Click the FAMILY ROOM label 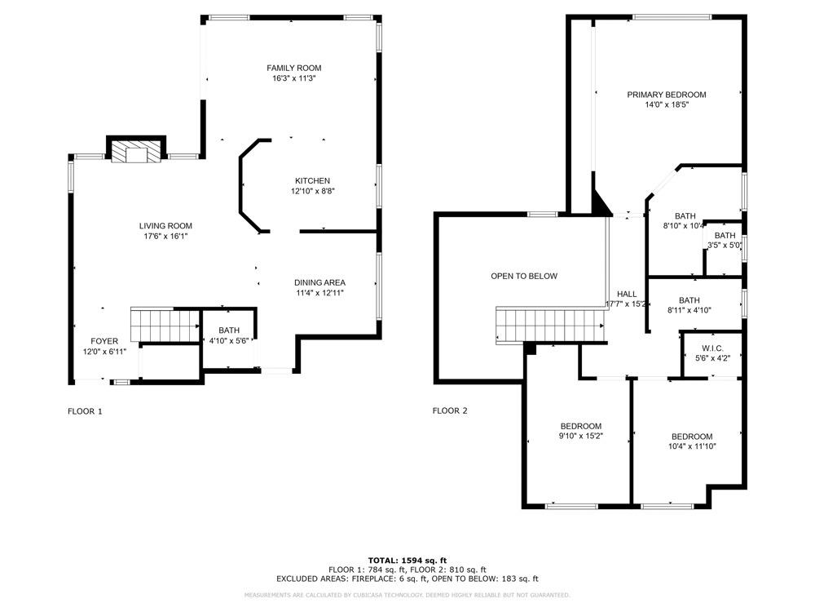(x=294, y=68)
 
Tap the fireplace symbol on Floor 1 (x=136, y=153)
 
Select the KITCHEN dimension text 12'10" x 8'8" (x=313, y=191)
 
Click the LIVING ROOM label (x=165, y=226)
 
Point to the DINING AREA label (x=319, y=282)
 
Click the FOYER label (x=104, y=341)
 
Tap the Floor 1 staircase (x=165, y=324)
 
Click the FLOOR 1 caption (x=85, y=411)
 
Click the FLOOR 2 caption (x=450, y=411)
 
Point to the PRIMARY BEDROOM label (x=666, y=95)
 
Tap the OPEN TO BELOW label (x=524, y=276)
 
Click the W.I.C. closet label (x=712, y=348)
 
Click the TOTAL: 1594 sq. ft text (x=407, y=560)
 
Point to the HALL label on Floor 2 (x=627, y=294)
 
